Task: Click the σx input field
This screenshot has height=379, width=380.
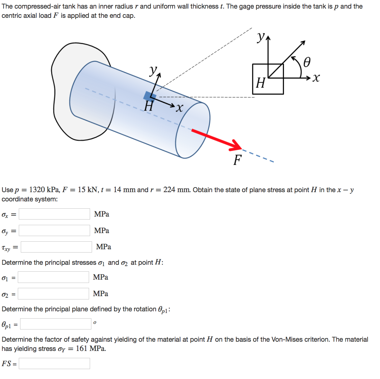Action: click(x=54, y=214)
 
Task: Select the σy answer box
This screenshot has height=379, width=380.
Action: click(x=54, y=230)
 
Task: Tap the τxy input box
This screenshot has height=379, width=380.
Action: click(x=56, y=247)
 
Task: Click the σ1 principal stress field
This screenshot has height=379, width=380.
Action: click(x=53, y=277)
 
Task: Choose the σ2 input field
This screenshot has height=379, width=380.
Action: click(x=53, y=293)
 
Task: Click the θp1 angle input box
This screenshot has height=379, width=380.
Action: click(x=56, y=324)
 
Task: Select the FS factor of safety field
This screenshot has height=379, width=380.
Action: click(x=54, y=363)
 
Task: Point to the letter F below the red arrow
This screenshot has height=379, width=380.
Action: click(x=237, y=160)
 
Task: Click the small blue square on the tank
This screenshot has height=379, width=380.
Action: click(x=150, y=96)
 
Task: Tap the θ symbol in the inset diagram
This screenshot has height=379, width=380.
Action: click(x=306, y=62)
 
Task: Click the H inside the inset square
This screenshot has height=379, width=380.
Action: click(x=261, y=83)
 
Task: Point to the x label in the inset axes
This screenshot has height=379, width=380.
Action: click(x=316, y=78)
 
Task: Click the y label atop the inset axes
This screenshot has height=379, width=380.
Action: click(x=261, y=37)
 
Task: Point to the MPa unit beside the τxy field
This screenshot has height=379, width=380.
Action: click(x=104, y=247)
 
